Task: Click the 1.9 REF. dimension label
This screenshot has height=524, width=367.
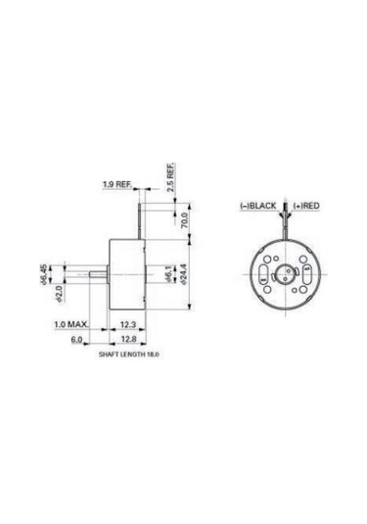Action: tap(116, 183)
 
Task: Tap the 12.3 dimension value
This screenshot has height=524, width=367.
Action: tap(128, 323)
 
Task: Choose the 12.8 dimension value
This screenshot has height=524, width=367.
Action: tap(128, 340)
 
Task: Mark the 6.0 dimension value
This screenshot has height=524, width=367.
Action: tap(77, 340)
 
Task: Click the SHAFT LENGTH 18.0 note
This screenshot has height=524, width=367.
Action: tap(128, 357)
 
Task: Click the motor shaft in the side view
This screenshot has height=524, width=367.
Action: tap(86, 270)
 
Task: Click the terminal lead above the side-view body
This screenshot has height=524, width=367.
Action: tap(145, 215)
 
